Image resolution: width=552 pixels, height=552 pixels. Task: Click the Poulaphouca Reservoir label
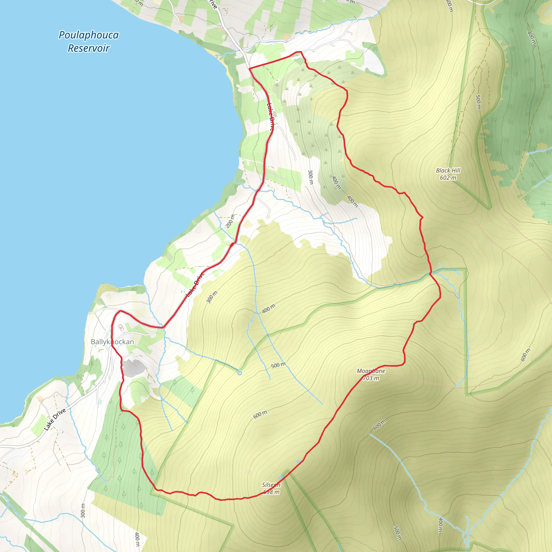pyautogui.click(x=89, y=42)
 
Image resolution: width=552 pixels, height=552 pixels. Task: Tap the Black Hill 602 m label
pyautogui.click(x=448, y=174)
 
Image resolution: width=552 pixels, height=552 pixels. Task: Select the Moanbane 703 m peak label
pyautogui.click(x=371, y=375)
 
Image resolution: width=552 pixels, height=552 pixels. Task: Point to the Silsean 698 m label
pyautogui.click(x=271, y=488)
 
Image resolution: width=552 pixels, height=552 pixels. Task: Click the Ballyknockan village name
pyautogui.click(x=112, y=342)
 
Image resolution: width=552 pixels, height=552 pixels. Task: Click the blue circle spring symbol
pyautogui.click(x=239, y=373)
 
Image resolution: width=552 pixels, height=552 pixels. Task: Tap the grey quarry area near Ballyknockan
pyautogui.click(x=133, y=368)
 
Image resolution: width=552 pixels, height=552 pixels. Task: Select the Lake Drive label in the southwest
pyautogui.click(x=55, y=419)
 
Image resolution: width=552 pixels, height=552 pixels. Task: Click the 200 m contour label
pyautogui.click(x=230, y=221)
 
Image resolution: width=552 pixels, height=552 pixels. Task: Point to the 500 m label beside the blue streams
pyautogui.click(x=278, y=365)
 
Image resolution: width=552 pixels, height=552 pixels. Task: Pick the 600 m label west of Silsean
pyautogui.click(x=260, y=414)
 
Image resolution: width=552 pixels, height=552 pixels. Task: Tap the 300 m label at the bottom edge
pyautogui.click(x=83, y=511)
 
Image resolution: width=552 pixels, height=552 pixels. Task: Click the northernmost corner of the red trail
pyautogui.click(x=300, y=52)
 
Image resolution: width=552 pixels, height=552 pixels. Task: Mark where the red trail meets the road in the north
pyautogui.click(x=250, y=68)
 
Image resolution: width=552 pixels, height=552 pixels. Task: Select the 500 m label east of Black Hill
pyautogui.click(x=478, y=102)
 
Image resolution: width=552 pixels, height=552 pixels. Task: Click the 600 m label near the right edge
pyautogui.click(x=525, y=355)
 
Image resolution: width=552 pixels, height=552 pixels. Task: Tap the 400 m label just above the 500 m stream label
pyautogui.click(x=268, y=309)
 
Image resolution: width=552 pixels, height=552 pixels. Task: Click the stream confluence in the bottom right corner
pyautogui.click(x=466, y=534)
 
